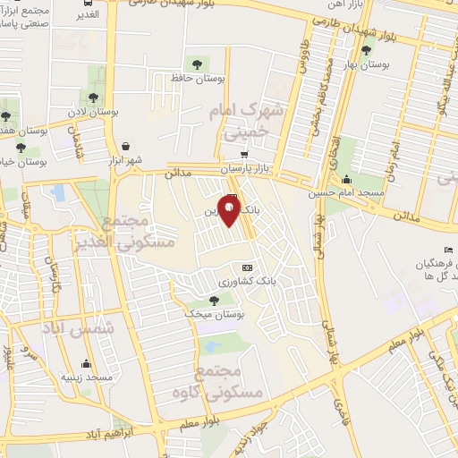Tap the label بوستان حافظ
click(x=193, y=80)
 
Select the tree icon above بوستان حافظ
click(x=194, y=64)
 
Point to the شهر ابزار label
click(x=126, y=160)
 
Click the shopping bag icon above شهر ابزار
click(x=126, y=146)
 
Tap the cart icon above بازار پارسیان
click(x=244, y=154)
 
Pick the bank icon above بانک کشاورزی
click(x=247, y=267)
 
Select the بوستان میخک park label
click(x=212, y=315)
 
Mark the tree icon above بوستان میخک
click(x=213, y=301)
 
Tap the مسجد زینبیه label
click(x=86, y=377)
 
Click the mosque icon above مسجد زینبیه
click(x=86, y=363)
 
